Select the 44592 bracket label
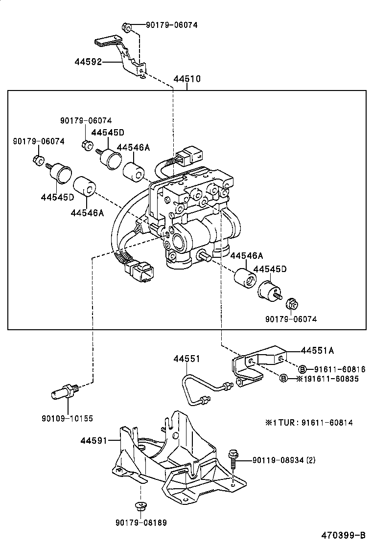pos(88,62)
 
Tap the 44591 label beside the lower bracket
pos(93,441)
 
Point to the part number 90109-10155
pos(68,419)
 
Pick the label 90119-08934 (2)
pos(284,460)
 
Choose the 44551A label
pos(317,350)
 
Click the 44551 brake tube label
pos(186,359)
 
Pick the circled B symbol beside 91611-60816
pos(302,369)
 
